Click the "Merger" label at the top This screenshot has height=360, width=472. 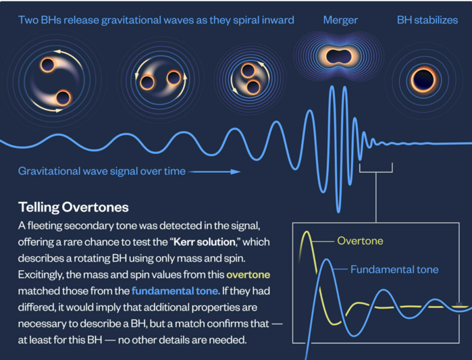tap(340, 20)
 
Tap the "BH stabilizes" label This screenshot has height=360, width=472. tap(427, 20)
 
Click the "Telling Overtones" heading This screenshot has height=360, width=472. tap(74, 207)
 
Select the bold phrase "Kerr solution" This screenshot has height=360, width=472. tap(205, 242)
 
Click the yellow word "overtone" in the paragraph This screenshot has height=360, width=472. tap(248, 274)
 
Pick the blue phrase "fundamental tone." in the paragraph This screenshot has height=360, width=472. tap(176, 290)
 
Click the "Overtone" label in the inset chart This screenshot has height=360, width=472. tap(361, 241)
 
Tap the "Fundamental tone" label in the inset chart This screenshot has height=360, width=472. tap(394, 269)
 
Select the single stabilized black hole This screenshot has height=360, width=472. tap(423, 80)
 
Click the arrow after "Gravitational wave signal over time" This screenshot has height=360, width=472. tap(214, 172)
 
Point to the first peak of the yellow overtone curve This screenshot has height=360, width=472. tap(307, 232)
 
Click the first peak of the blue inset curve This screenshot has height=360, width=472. tap(326, 260)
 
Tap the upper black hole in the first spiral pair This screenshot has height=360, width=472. tap(47, 65)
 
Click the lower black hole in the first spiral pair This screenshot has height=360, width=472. tap(63, 97)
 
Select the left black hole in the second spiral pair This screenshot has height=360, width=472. tap(147, 82)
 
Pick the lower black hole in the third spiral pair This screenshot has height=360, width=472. tap(253, 88)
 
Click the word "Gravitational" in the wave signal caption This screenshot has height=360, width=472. tap(49, 171)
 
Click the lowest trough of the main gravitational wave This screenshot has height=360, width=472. tap(339, 211)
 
